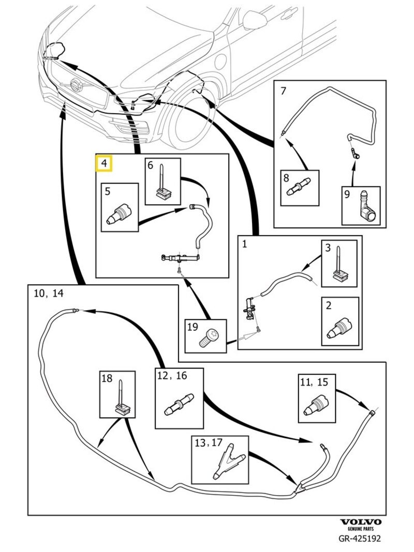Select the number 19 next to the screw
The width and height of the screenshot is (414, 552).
tap(193, 327)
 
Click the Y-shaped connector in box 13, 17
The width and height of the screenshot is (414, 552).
tap(227, 459)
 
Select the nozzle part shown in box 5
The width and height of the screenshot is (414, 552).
tap(120, 214)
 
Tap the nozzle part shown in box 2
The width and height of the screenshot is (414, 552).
tap(341, 329)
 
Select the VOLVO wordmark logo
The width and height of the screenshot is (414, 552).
tap(360, 523)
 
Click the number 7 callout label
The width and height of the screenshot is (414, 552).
tap(283, 91)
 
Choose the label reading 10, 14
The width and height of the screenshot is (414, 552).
tap(48, 294)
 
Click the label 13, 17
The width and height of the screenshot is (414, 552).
tap(208, 443)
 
